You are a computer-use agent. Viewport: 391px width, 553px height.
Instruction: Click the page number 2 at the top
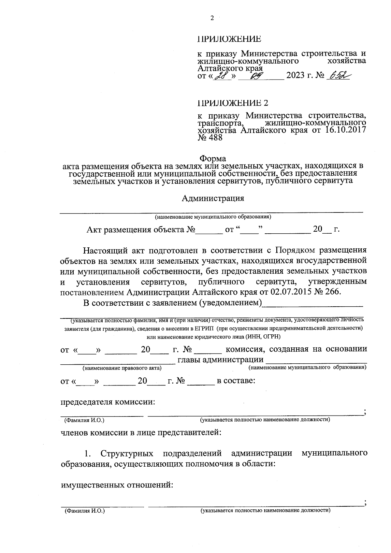(212, 18)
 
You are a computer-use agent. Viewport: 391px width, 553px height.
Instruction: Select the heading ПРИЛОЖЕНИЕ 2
(233, 103)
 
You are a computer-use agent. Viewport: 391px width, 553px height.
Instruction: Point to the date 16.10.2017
(346, 130)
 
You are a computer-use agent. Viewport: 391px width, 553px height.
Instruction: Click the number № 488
(210, 138)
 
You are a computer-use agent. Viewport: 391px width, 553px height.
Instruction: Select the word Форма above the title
(213, 159)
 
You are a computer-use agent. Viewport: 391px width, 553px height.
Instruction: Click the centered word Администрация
(213, 198)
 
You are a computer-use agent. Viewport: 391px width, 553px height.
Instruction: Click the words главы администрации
(220, 360)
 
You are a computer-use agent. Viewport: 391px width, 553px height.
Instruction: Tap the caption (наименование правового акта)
(122, 368)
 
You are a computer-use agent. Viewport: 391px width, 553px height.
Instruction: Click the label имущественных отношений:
(117, 485)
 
